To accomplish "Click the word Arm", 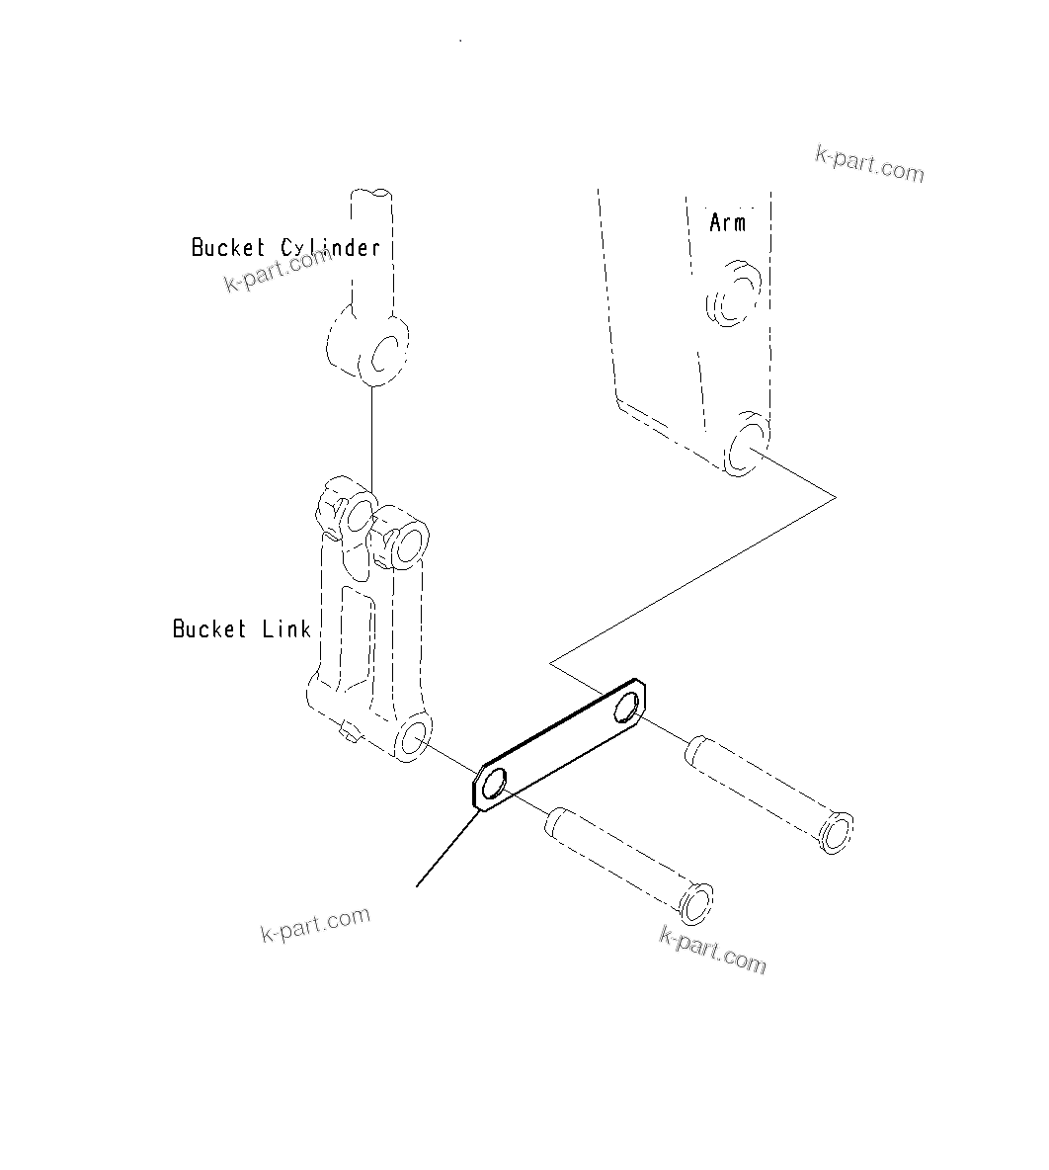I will pyautogui.click(x=728, y=223).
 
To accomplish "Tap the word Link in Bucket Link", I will pyautogui.click(x=286, y=629).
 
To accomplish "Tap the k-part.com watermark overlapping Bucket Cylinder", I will pyautogui.click(x=280, y=271).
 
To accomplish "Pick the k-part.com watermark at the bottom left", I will pyautogui.click(x=315, y=924).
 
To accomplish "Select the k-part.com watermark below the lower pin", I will pyautogui.click(x=712, y=950).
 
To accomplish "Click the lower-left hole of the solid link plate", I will pyautogui.click(x=494, y=785).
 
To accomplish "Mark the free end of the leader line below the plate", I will pyautogui.click(x=417, y=886).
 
